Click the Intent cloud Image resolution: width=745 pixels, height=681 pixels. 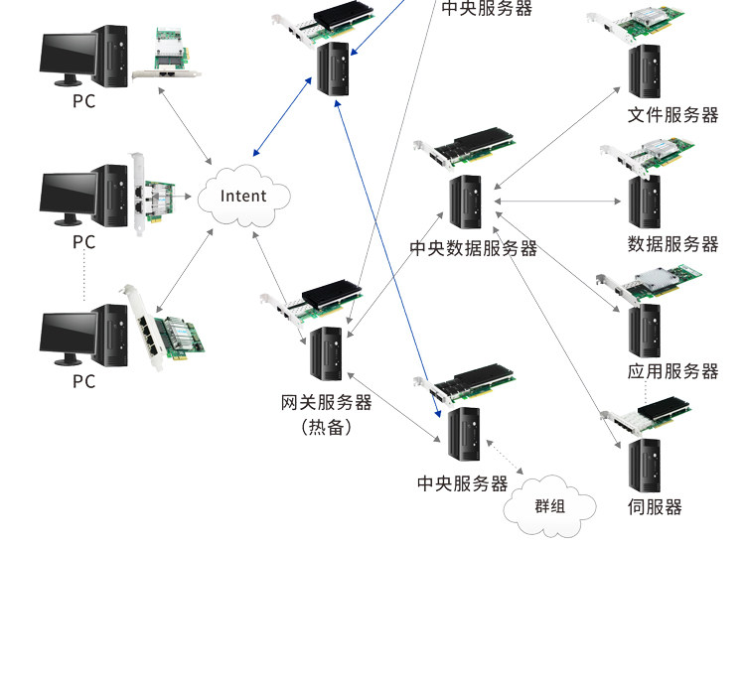[x=243, y=196]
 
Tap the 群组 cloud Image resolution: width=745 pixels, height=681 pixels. [x=549, y=506]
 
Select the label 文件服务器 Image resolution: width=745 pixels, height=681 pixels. [x=672, y=115]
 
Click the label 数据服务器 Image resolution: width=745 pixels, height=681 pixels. [x=672, y=244]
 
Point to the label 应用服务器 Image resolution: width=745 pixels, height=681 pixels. [x=672, y=371]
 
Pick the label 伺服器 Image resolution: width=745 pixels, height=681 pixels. [x=655, y=507]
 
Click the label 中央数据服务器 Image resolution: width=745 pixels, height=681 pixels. [x=473, y=248]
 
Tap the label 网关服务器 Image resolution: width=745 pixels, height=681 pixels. [x=327, y=403]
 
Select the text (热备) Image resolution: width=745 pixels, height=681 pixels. [x=327, y=427]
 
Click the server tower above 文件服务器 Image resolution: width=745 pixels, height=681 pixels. [x=645, y=71]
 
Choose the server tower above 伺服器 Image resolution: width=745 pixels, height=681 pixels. [x=645, y=466]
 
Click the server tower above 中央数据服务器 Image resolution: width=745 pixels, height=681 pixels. [x=465, y=202]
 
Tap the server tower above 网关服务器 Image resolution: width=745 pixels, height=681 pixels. [x=326, y=353]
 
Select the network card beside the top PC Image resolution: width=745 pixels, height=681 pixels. [x=168, y=54]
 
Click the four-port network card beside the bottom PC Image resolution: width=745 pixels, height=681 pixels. [x=163, y=328]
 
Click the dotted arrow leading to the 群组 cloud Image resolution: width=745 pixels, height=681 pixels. [x=505, y=458]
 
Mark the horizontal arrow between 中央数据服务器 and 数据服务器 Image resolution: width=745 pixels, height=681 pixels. [x=557, y=202]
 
